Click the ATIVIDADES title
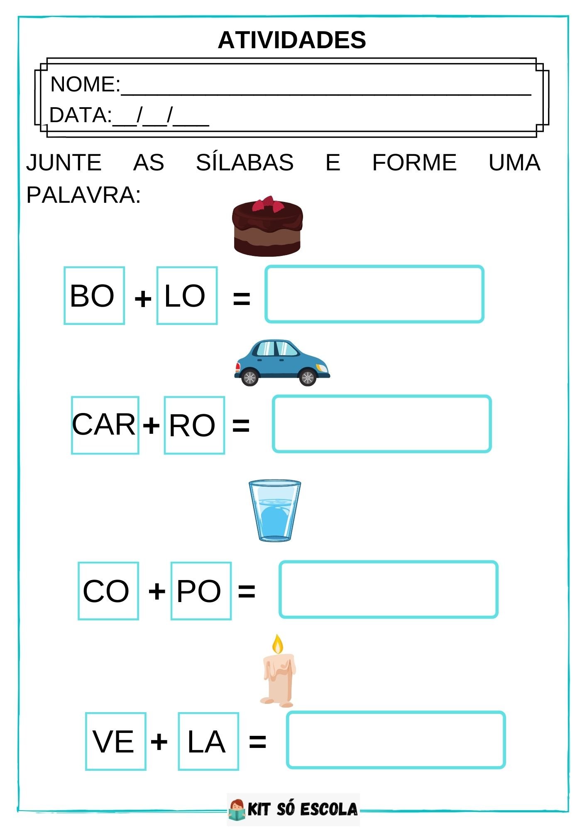(x=292, y=40)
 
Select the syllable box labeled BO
(x=94, y=295)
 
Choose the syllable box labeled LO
(x=187, y=295)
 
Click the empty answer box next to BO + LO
(x=374, y=294)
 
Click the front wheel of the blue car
(x=308, y=377)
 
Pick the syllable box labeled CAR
(x=105, y=425)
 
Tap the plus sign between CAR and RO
(x=151, y=425)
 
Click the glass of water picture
(x=274, y=511)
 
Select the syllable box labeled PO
(x=201, y=591)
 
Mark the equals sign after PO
(x=247, y=591)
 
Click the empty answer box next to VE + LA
(x=396, y=740)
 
